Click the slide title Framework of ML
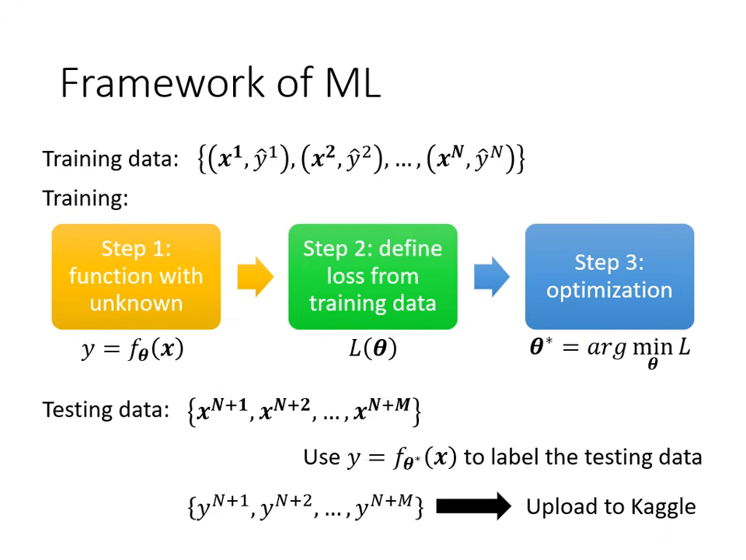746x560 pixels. [x=220, y=82]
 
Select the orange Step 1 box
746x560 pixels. [x=136, y=276]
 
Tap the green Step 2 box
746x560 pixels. [x=373, y=276]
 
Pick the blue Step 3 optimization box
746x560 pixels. [x=609, y=276]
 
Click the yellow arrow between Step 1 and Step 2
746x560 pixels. [x=255, y=276]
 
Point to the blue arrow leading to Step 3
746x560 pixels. [x=491, y=276]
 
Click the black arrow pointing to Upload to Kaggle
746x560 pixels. [x=473, y=507]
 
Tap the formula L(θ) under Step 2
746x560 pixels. [x=373, y=348]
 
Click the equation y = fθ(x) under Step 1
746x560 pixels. [x=133, y=349]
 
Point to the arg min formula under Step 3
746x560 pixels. [x=610, y=349]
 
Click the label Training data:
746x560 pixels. [x=110, y=159]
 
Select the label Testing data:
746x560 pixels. [x=105, y=410]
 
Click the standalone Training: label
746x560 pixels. [x=85, y=198]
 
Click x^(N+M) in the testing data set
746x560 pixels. [x=382, y=410]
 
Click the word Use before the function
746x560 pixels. [x=322, y=457]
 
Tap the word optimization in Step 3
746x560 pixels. [x=609, y=290]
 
